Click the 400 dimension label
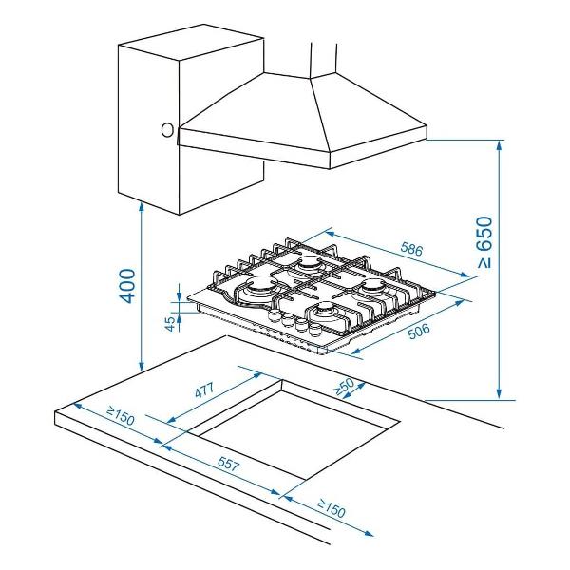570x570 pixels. tap(127, 286)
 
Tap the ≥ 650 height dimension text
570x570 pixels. tap(484, 242)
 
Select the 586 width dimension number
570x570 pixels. tap(412, 249)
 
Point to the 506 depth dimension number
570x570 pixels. tap(419, 331)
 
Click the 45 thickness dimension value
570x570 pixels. tap(170, 324)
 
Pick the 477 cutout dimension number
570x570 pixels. tap(204, 390)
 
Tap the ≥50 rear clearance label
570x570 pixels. tap(344, 386)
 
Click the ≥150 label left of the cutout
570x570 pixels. tap(121, 416)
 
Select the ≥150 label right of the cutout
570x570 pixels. tap(332, 508)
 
